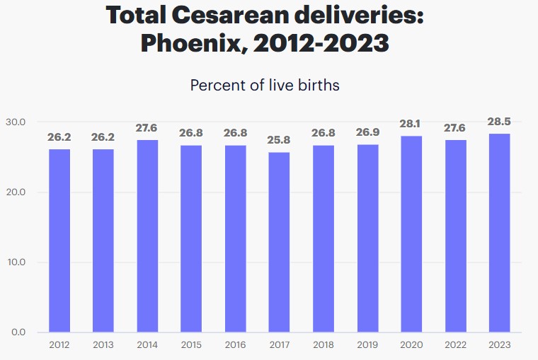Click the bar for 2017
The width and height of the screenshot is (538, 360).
click(x=279, y=242)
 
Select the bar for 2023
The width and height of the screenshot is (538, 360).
click(x=499, y=233)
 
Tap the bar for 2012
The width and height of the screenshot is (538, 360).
click(x=59, y=240)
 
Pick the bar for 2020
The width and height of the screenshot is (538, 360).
click(x=411, y=234)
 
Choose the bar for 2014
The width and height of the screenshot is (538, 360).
click(x=147, y=236)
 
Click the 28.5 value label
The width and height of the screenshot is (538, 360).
click(x=499, y=122)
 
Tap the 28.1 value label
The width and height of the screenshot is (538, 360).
click(x=411, y=124)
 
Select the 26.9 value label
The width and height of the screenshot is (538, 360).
click(x=367, y=133)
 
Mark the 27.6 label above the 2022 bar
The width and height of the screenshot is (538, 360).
click(x=455, y=128)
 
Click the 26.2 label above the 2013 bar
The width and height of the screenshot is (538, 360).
click(x=103, y=137)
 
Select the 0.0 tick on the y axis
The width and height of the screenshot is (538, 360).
click(x=17, y=332)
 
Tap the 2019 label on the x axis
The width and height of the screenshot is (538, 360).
click(x=367, y=344)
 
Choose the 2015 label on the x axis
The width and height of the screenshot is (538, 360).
click(x=191, y=344)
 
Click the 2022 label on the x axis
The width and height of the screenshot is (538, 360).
click(x=455, y=344)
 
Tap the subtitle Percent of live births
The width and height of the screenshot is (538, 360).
click(x=265, y=86)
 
